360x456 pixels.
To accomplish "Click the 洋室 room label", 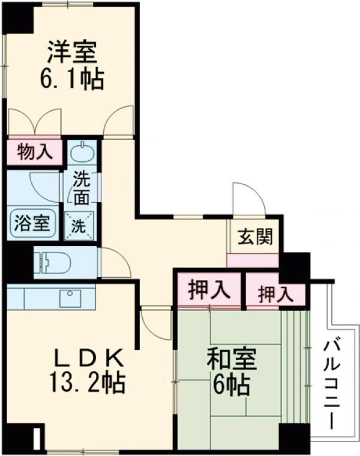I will pos(71,52).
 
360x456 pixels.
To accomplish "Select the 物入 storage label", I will pos(34,152).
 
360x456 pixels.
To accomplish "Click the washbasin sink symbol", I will pos(80,152).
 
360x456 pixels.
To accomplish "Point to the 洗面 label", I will pos(82,187).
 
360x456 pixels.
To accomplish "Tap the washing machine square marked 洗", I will pos(79,227).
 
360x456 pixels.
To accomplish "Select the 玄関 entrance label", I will pos(254,236).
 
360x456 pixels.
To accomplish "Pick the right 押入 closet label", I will pos(275,294).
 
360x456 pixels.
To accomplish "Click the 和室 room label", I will pos(231,361).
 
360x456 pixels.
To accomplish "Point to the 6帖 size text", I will pos(231,385).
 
